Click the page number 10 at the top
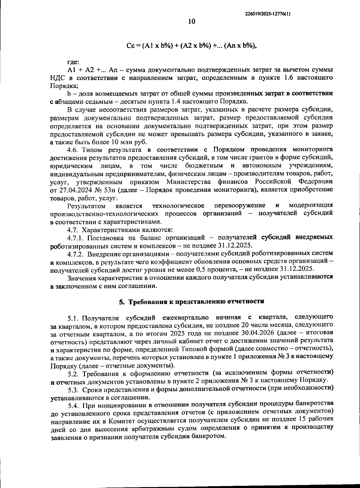(x=191, y=22)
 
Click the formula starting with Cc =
(x=192, y=46)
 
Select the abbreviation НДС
(x=57, y=78)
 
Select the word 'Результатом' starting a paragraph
(x=86, y=206)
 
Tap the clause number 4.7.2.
(x=77, y=254)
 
